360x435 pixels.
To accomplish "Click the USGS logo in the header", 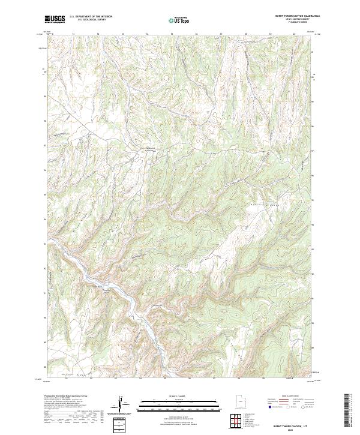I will tap(55, 19).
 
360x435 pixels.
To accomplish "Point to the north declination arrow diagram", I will tap(122, 405).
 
